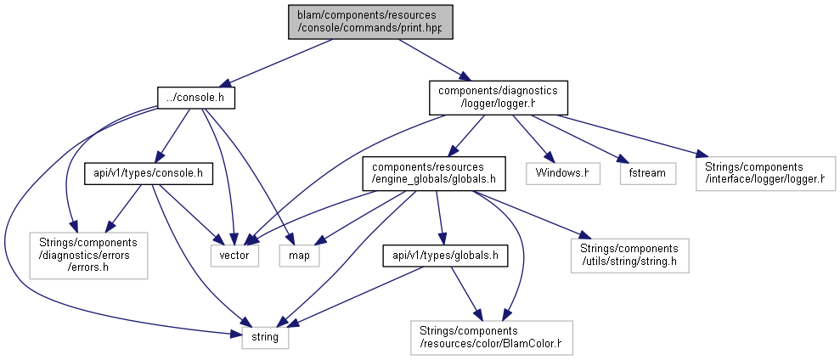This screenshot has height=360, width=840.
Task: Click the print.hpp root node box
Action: pos(370,21)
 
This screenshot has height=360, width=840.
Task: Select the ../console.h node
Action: pos(196,98)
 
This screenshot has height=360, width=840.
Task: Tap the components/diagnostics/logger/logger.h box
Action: pos(499,98)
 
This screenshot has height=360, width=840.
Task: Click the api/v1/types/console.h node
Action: pos(149,173)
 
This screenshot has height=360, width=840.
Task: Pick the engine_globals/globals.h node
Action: pos(433,173)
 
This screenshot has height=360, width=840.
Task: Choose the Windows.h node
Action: pos(562,173)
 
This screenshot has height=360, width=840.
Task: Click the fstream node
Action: pos(648,173)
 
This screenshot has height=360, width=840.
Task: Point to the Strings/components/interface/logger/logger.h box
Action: pos(766,173)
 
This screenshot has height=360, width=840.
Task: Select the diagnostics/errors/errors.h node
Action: pos(88,255)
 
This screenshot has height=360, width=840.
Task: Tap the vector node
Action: pos(234,256)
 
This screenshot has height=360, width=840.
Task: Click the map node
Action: pos(299,256)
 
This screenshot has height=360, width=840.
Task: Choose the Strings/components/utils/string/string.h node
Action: pos(629,256)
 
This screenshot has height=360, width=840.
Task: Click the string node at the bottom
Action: pos(265,338)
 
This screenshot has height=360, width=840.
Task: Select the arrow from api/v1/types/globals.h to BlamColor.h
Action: pos(465,293)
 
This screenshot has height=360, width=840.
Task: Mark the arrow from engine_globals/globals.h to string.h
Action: pos(531,214)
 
